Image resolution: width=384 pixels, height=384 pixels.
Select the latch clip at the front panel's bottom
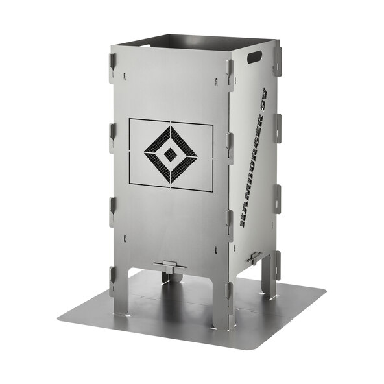170,266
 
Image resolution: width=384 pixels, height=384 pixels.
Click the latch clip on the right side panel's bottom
254,258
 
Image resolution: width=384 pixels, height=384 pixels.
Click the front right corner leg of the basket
224,304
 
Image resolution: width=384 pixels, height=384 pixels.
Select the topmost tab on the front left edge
112,65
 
